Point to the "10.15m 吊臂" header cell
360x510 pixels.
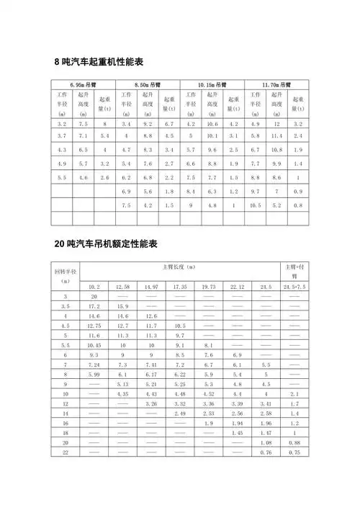212,84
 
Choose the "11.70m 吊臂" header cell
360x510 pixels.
276,84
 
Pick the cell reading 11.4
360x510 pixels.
276,136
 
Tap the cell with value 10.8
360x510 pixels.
276,150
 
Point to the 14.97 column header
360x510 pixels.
151,287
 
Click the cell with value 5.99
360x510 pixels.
94,375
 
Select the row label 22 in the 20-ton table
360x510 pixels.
66,452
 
